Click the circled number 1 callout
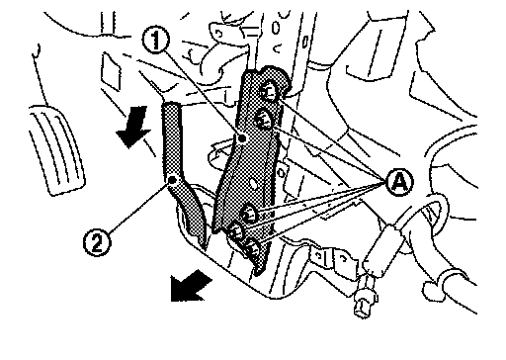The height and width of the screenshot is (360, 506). click(155, 41)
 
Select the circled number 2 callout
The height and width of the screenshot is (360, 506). click(97, 243)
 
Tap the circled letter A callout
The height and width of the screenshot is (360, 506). click(399, 182)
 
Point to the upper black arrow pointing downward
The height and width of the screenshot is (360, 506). click(134, 127)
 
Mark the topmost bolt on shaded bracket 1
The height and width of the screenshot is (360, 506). click(270, 91)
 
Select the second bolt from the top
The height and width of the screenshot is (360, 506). click(264, 120)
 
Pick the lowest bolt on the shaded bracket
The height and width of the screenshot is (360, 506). click(253, 247)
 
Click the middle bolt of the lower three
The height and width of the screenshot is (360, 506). click(237, 230)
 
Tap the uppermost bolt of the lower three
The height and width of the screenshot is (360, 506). click(249, 214)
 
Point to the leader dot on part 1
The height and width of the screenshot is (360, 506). click(242, 138)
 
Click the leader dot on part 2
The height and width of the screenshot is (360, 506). click(172, 180)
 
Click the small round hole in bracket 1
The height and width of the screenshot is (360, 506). click(253, 184)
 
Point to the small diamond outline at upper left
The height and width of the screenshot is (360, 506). click(111, 71)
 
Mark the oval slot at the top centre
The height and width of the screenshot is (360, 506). click(276, 28)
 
